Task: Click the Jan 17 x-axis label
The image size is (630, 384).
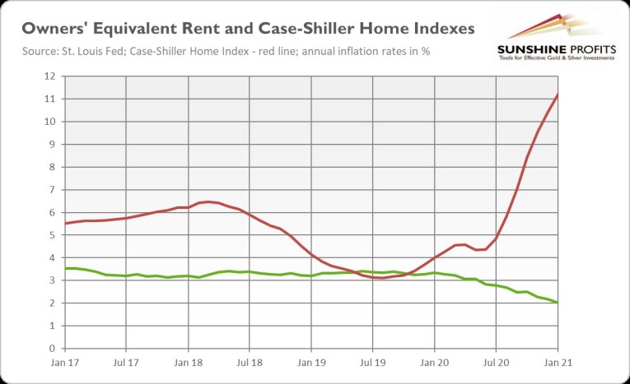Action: click(64, 361)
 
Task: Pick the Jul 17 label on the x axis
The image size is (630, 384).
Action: click(126, 361)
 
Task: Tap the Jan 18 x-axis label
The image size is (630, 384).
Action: click(188, 361)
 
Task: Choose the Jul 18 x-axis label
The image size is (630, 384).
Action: click(250, 361)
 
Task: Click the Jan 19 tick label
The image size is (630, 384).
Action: click(311, 361)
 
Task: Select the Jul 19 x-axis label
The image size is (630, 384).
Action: click(373, 361)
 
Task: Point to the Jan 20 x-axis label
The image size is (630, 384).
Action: click(435, 361)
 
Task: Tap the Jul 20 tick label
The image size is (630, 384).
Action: click(497, 361)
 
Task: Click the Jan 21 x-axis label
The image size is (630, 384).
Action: click(558, 361)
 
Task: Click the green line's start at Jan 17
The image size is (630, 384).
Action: click(65, 268)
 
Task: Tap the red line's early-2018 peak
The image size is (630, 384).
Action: click(209, 201)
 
